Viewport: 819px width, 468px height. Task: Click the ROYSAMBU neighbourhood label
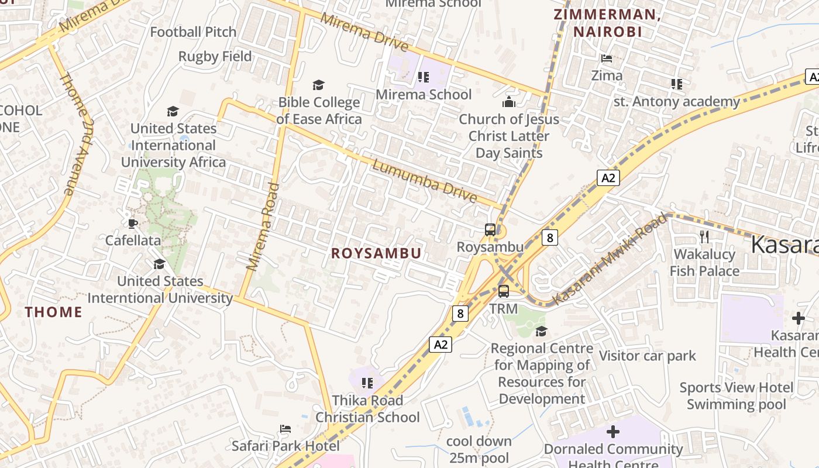pyautogui.click(x=376, y=253)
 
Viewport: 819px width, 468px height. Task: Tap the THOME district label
pyautogui.click(x=53, y=312)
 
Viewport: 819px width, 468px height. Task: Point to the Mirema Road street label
pyautogui.click(x=263, y=227)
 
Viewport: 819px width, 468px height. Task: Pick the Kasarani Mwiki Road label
pyautogui.click(x=610, y=259)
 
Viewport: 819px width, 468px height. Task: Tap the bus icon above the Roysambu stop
pyautogui.click(x=490, y=230)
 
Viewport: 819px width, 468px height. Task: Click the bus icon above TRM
pyautogui.click(x=503, y=291)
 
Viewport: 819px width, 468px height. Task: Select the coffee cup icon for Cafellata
pyautogui.click(x=133, y=223)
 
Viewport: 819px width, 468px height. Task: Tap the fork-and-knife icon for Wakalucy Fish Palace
pyautogui.click(x=704, y=236)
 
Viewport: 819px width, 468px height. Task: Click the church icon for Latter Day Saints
pyautogui.click(x=509, y=102)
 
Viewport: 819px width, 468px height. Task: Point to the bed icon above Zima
pyautogui.click(x=607, y=58)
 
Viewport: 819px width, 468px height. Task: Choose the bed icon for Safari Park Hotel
pyautogui.click(x=285, y=429)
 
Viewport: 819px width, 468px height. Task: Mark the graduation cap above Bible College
pyautogui.click(x=318, y=85)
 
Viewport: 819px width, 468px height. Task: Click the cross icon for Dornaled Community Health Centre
pyautogui.click(x=612, y=432)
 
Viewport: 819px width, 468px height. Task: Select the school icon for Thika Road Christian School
pyautogui.click(x=367, y=383)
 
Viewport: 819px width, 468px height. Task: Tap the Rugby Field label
pyautogui.click(x=215, y=57)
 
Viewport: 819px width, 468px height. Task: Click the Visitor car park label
pyautogui.click(x=647, y=356)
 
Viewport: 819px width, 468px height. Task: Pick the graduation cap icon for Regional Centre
pyautogui.click(x=541, y=331)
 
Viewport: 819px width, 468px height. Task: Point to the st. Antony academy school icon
pyautogui.click(x=677, y=84)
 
